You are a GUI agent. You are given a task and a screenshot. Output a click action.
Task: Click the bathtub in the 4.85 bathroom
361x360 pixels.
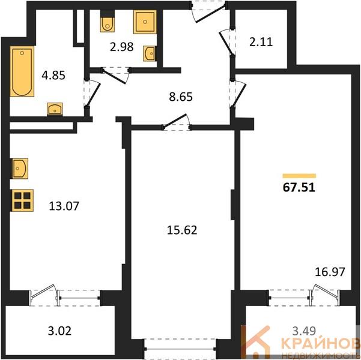point(22,71)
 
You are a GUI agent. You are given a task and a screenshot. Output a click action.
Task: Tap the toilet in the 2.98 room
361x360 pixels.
point(108,22)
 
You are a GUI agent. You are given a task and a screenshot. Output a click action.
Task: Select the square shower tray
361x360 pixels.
point(145,22)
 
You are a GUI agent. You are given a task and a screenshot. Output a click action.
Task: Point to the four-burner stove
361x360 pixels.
point(22,200)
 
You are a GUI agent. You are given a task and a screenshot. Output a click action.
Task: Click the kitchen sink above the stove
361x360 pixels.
point(20,169)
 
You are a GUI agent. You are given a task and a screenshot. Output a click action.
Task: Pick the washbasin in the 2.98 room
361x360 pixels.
point(149,53)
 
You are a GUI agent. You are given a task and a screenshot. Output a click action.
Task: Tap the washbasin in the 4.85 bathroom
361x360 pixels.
point(55,109)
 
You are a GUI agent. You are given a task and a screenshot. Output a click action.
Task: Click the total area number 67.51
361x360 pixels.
point(299,187)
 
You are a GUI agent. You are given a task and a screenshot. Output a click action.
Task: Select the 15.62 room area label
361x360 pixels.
point(182,230)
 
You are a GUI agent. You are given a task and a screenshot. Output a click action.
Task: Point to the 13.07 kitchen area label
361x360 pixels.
point(64,206)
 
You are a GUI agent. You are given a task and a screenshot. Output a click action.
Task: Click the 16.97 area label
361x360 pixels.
point(330,272)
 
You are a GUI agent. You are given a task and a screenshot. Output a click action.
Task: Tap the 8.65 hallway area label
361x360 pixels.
point(181,97)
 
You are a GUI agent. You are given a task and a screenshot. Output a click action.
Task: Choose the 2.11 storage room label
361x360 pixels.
point(261,42)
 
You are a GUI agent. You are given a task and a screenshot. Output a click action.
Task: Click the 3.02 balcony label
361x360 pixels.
point(59,331)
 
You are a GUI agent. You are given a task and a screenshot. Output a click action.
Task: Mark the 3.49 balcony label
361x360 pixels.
point(304,331)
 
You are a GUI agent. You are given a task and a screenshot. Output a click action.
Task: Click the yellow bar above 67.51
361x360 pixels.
point(299,176)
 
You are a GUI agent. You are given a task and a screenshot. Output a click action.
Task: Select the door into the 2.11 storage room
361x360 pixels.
point(227,43)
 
